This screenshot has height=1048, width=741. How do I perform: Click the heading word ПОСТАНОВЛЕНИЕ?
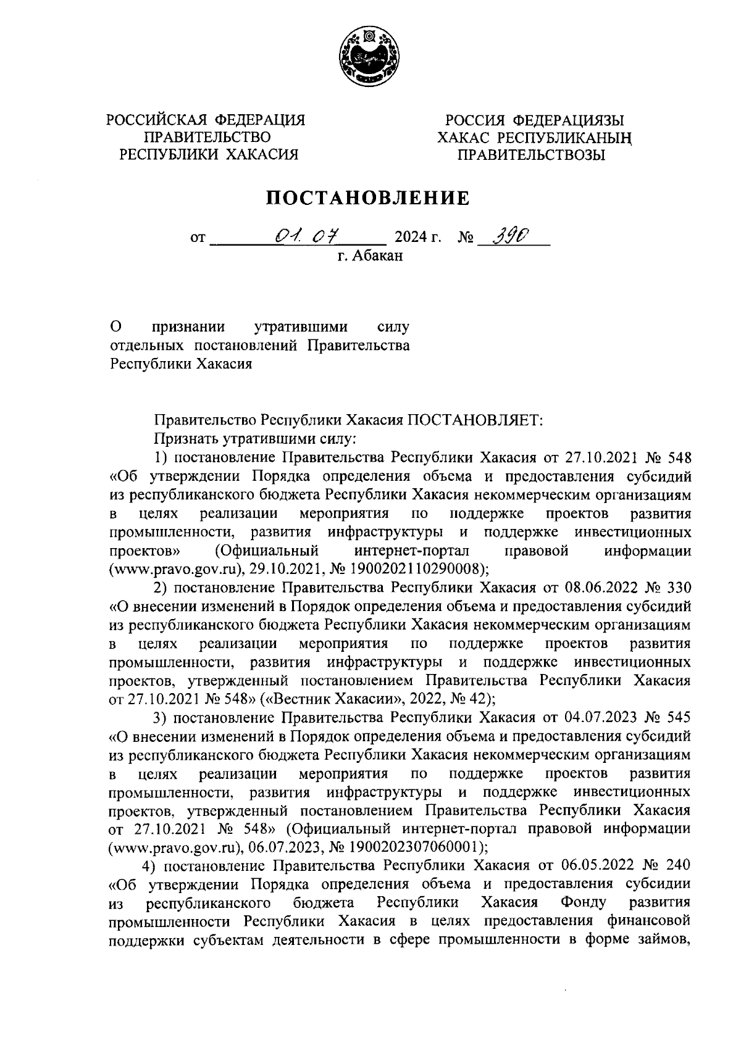click(x=368, y=198)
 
